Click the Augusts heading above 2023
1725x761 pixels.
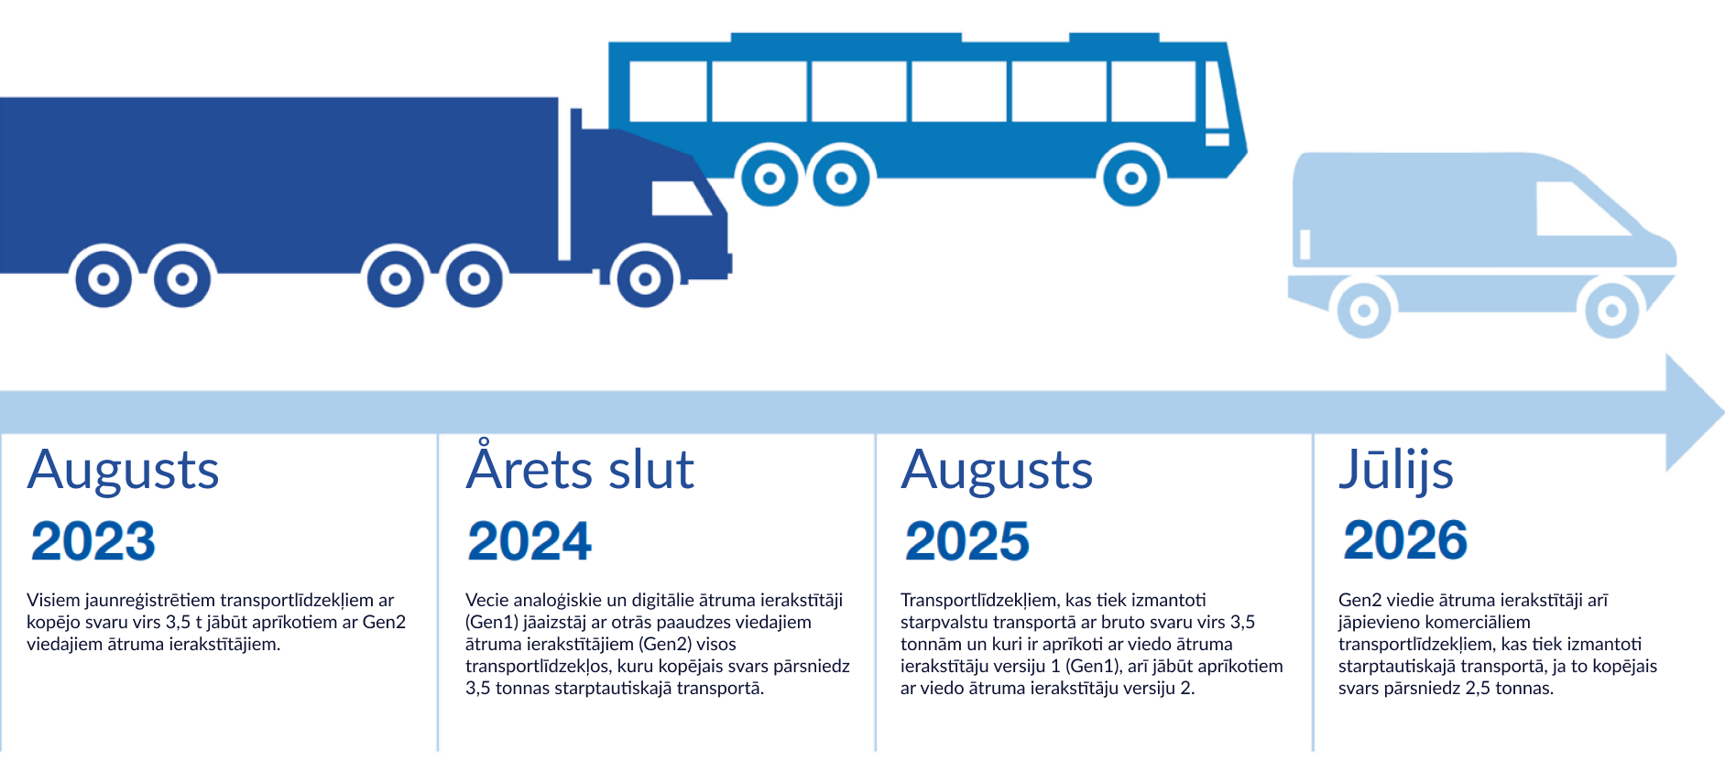click(x=123, y=472)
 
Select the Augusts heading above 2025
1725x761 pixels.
click(x=997, y=472)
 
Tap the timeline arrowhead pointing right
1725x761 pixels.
click(x=1693, y=412)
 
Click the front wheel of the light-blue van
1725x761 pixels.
click(x=1612, y=310)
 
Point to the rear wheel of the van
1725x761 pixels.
click(x=1364, y=310)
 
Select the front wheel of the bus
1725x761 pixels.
click(x=1131, y=178)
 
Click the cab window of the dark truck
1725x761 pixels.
click(x=681, y=199)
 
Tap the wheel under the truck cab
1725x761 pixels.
click(x=645, y=278)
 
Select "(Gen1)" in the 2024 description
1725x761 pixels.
click(x=492, y=623)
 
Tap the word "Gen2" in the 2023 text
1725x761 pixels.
click(x=384, y=623)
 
